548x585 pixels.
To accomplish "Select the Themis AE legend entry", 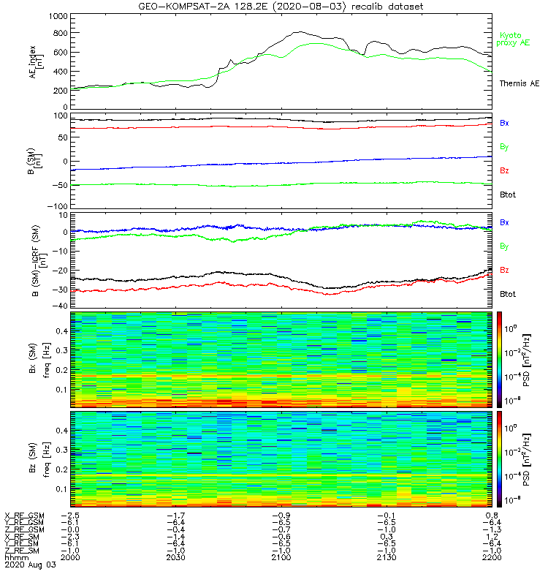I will [519, 84].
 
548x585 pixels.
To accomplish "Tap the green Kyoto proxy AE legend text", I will [514, 39].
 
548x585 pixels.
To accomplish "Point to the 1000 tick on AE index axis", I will [56, 15].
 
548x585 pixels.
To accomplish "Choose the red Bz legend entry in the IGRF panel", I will [504, 270].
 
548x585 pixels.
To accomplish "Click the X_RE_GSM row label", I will [24, 516].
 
